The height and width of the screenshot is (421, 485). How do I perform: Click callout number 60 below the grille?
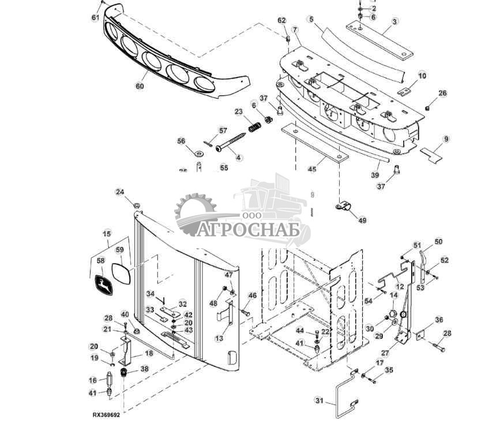coord(140,86)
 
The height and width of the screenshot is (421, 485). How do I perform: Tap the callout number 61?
coord(96,17)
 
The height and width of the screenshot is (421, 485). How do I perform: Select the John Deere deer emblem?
coord(104,285)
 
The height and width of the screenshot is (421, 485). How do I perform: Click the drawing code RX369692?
coord(109,414)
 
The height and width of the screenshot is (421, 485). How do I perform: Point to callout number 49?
coord(362,219)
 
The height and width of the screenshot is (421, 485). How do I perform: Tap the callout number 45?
coord(311,169)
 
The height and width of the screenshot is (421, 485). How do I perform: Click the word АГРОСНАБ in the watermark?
coord(249,230)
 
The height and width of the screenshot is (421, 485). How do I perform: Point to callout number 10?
coord(422,76)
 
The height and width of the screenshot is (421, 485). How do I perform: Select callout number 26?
coord(442,93)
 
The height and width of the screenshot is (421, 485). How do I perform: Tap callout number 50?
coord(438,242)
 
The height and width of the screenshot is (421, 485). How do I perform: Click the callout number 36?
coord(439,320)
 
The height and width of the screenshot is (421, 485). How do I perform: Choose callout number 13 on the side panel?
coord(219,339)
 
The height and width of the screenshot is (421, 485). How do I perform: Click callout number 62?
coord(282,21)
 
